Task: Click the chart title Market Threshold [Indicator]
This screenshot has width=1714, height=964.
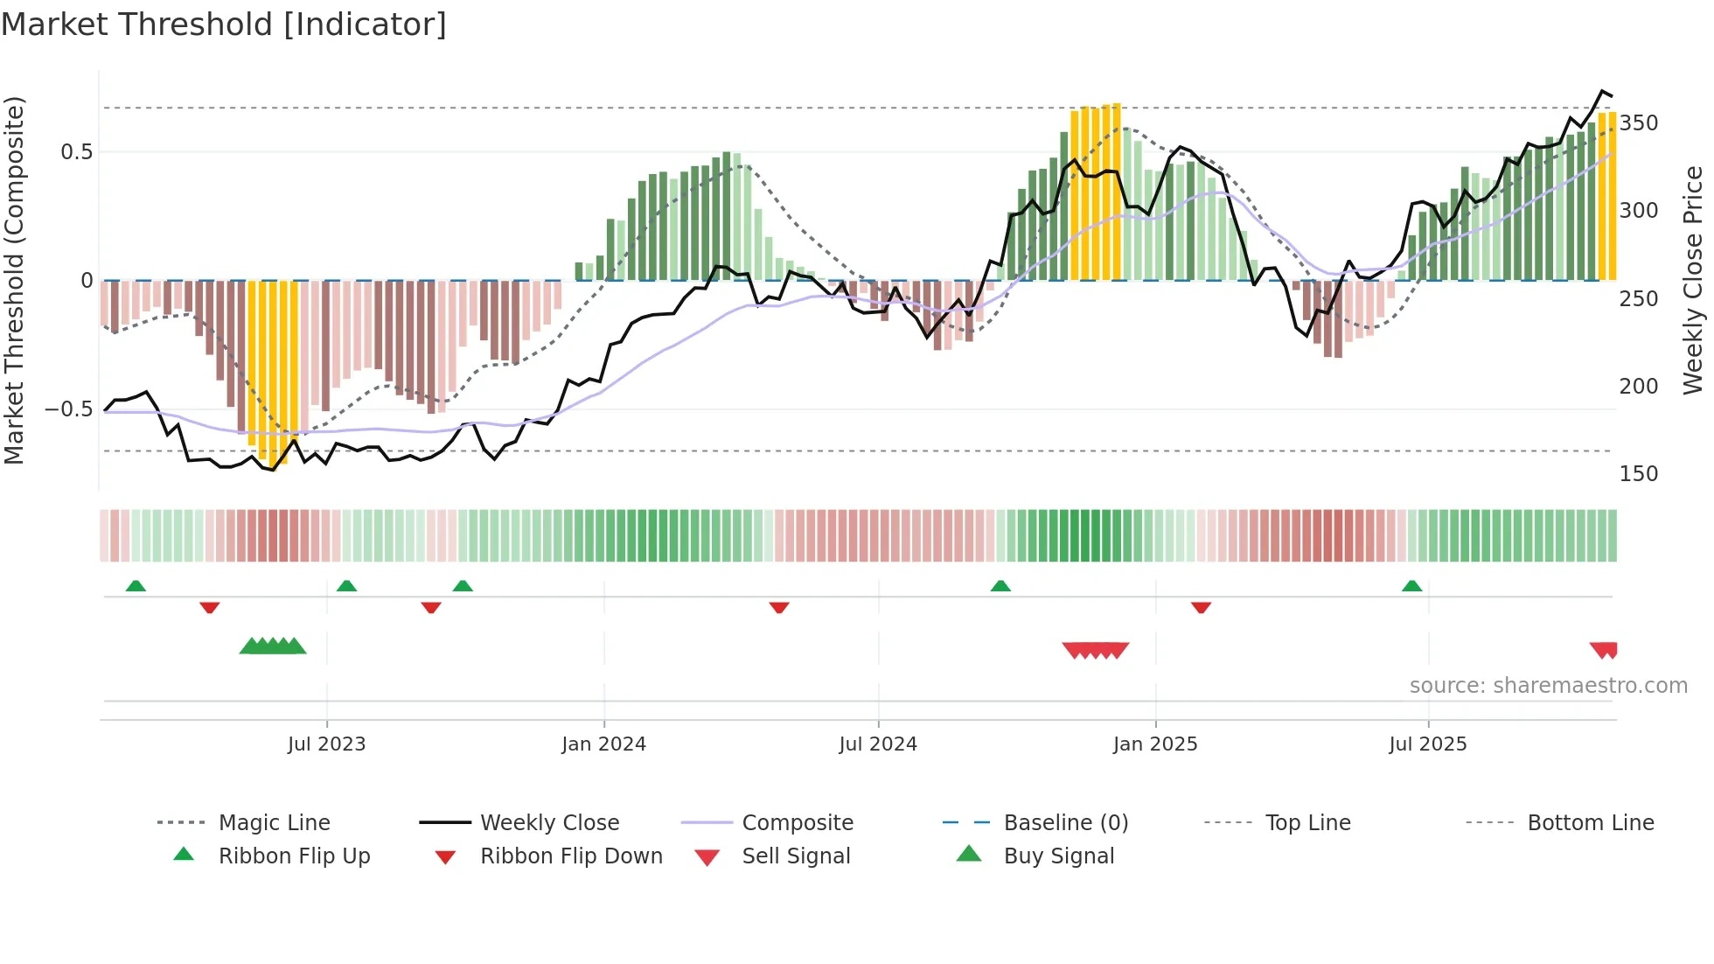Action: [224, 24]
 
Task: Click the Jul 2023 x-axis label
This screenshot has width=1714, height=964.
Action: [326, 744]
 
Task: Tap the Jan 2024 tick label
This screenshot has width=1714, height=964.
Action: [603, 744]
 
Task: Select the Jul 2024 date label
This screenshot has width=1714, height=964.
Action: [878, 744]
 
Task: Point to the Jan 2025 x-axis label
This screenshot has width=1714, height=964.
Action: [1155, 744]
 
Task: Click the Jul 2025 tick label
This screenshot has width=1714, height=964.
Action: [1428, 744]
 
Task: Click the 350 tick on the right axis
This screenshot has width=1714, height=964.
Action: [1639, 123]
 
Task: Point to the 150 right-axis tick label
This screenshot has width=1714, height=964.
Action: [1639, 474]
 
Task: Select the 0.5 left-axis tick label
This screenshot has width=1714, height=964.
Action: [76, 152]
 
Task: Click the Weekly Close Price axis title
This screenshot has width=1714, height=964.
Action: [1694, 280]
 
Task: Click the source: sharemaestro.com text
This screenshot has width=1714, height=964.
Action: [1548, 686]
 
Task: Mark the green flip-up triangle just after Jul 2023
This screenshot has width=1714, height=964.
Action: [346, 586]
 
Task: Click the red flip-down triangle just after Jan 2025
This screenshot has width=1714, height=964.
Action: [1201, 607]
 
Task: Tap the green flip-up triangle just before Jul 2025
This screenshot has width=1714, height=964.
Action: [1411, 586]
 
